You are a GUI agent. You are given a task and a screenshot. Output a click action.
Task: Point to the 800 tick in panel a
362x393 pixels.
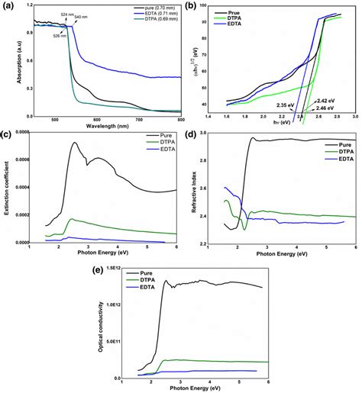pyautogui.click(x=180, y=120)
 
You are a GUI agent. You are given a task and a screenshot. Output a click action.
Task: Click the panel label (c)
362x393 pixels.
pyautogui.click(x=8, y=135)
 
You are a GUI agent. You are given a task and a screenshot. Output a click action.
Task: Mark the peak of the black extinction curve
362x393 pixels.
pyautogui.click(x=74, y=143)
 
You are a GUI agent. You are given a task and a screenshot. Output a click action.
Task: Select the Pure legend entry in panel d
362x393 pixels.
pyautogui.click(x=339, y=142)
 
